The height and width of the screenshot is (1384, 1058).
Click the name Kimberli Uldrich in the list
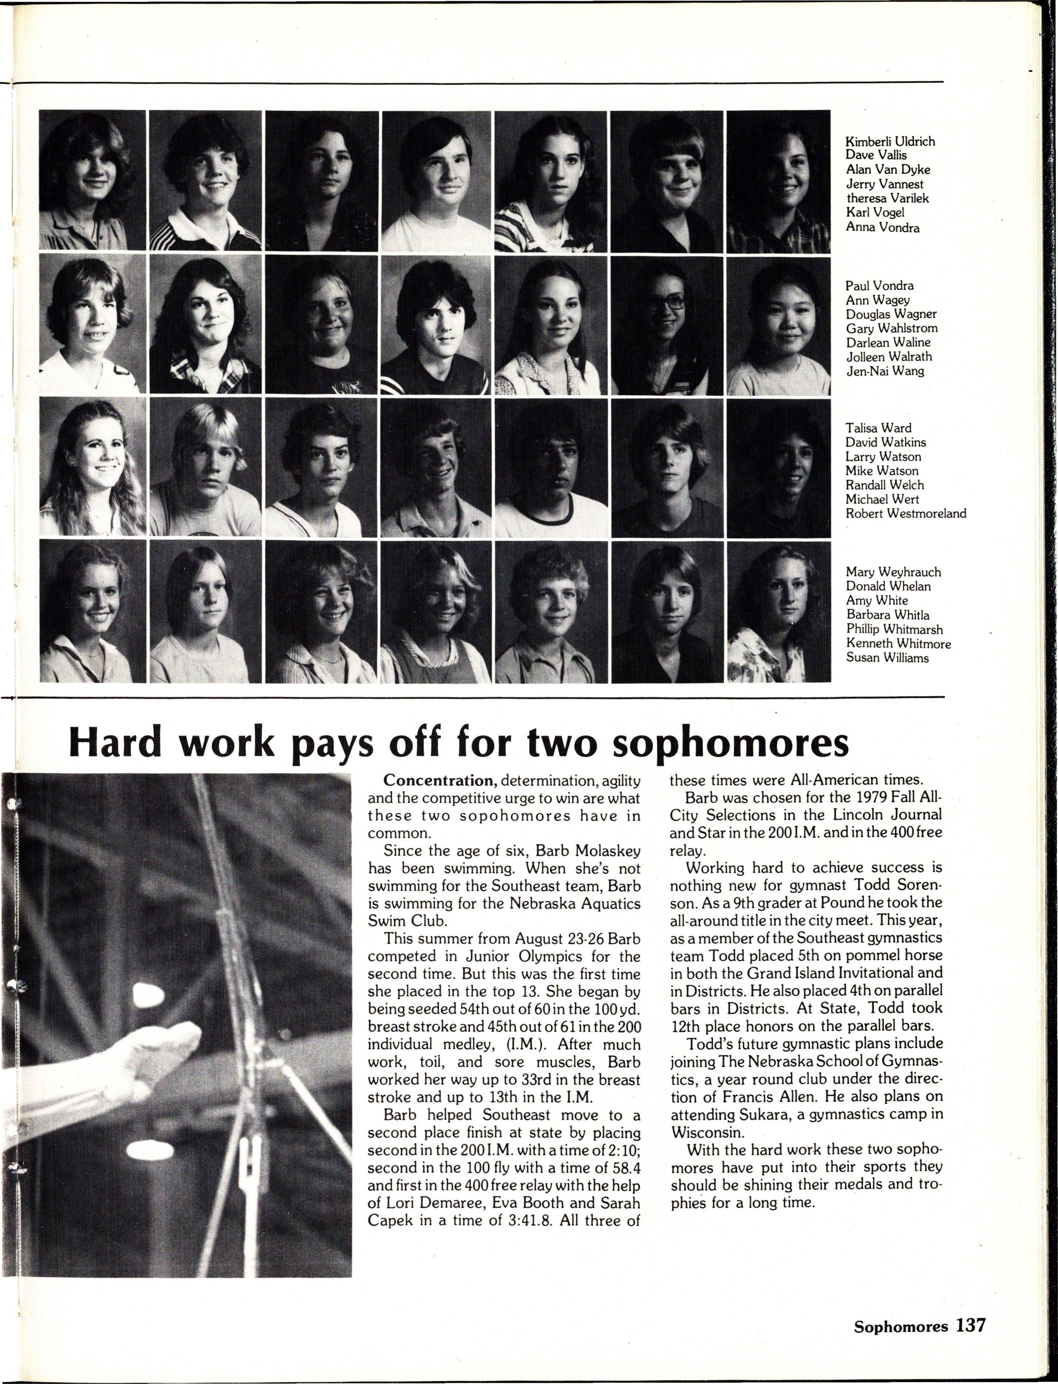point(889,141)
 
